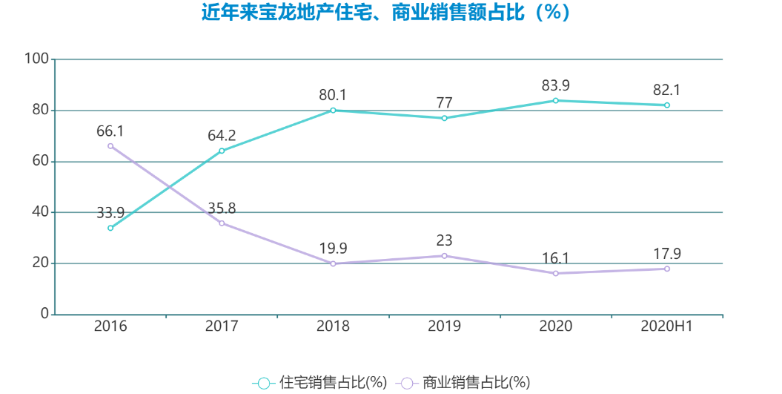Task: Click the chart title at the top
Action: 386,13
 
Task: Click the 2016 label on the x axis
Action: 110,326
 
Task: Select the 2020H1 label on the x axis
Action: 666,326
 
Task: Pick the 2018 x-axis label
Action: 333,326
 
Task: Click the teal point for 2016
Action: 110,228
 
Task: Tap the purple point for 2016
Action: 110,145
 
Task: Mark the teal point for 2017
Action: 222,151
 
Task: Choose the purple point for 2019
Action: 444,256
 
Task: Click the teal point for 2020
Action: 555,100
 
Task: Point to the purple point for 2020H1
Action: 666,269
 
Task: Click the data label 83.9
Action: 555,85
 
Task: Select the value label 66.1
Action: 110,131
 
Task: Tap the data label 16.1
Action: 555,258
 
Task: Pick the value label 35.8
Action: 222,209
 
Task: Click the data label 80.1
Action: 333,95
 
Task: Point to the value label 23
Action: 444,241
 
